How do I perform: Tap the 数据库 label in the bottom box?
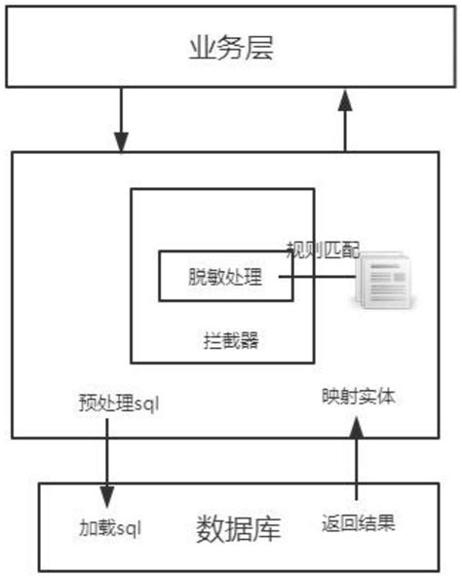click(x=239, y=530)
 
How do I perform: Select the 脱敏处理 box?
click(x=225, y=277)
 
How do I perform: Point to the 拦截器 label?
click(x=232, y=341)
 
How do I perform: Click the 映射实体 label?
click(x=358, y=397)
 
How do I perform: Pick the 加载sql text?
click(x=110, y=529)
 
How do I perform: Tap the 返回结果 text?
click(x=359, y=523)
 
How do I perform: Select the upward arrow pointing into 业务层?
click(x=345, y=119)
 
